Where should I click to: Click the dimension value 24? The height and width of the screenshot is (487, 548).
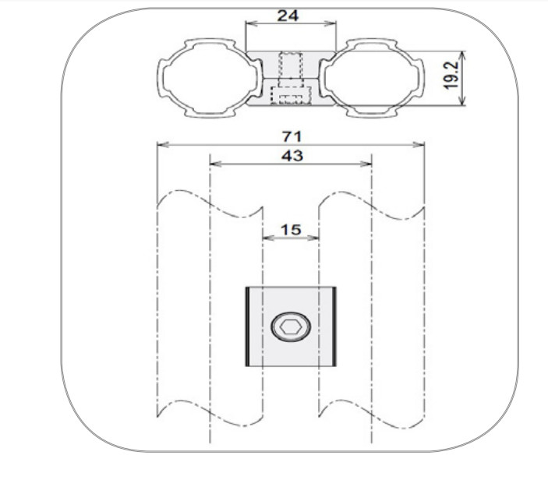(x=288, y=16)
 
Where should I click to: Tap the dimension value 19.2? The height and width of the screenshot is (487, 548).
(x=451, y=75)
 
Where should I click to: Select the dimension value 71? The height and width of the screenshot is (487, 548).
(x=292, y=136)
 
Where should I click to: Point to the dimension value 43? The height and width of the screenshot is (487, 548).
(x=292, y=156)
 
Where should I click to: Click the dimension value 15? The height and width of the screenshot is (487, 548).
(x=291, y=230)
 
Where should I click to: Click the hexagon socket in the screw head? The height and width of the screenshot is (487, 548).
(x=291, y=327)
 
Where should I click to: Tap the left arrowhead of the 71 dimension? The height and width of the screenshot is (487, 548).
(x=163, y=145)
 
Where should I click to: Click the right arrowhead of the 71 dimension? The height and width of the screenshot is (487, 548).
(x=419, y=145)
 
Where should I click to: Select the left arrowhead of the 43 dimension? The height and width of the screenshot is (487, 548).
(x=216, y=164)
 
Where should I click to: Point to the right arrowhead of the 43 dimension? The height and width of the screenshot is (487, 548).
(x=366, y=164)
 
